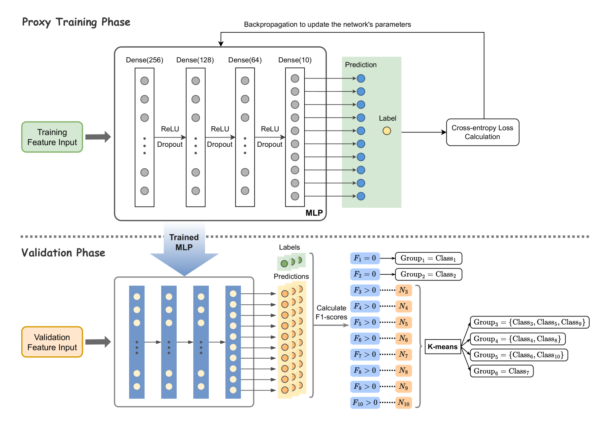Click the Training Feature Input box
click(x=52, y=137)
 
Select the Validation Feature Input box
click(x=52, y=342)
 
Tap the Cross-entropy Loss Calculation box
click(x=483, y=132)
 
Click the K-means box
click(x=443, y=347)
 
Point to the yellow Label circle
click(x=387, y=131)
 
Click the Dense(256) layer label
click(x=144, y=60)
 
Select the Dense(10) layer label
click(x=295, y=60)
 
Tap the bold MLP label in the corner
click(x=314, y=213)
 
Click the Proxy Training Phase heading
click(x=76, y=22)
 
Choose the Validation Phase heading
click(x=63, y=253)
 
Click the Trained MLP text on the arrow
click(x=184, y=242)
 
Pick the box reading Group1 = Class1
click(x=428, y=259)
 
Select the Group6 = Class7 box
click(x=501, y=371)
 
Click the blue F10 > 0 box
click(x=365, y=403)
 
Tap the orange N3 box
click(x=404, y=290)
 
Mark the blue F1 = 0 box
click(x=365, y=258)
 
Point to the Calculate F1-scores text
click(x=331, y=312)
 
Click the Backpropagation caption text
click(x=327, y=25)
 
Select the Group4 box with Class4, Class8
click(x=517, y=339)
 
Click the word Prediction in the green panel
click(x=361, y=65)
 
